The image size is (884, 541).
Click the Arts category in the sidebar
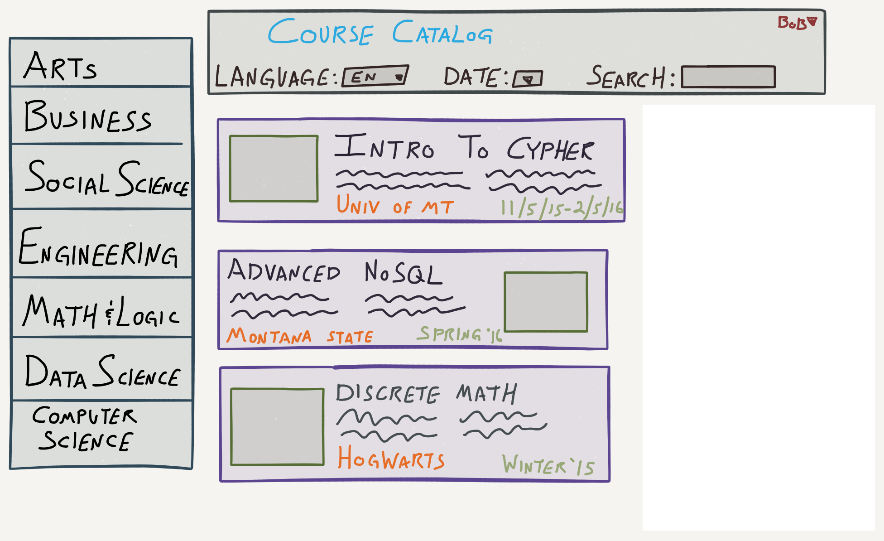point(60,66)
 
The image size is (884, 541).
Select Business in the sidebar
point(88,116)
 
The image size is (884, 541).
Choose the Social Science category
point(107,178)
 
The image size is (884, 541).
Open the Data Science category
point(103,372)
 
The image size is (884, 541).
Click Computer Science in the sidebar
point(85,429)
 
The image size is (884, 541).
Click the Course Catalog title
point(380,32)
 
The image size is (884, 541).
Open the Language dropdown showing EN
point(375,76)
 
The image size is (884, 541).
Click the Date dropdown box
point(528,79)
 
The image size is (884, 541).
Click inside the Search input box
point(728,77)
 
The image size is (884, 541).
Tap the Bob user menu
point(797,22)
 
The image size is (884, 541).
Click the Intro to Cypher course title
point(465,147)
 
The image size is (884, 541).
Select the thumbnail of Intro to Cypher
point(274,169)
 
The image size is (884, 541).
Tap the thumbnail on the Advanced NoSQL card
point(546,302)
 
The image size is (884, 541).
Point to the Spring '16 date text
point(460,334)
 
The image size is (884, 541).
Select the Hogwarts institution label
point(391,458)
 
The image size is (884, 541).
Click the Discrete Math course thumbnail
point(278,426)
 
